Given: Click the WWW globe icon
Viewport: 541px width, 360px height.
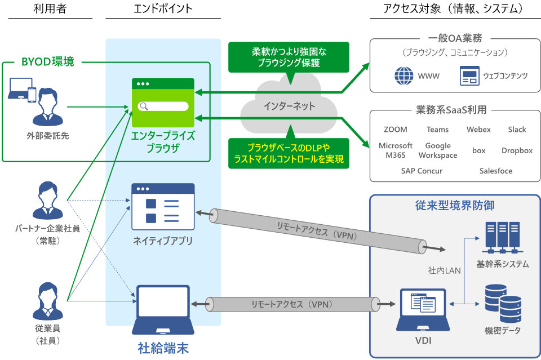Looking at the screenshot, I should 404,75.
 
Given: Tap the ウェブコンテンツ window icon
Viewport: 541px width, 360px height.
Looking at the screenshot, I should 469,75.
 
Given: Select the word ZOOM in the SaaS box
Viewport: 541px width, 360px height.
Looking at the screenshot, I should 395,130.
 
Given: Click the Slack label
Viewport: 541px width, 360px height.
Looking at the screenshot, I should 517,130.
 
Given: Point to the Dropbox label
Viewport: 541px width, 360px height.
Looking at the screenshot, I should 517,150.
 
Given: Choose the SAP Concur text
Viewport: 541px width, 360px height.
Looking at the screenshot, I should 422,171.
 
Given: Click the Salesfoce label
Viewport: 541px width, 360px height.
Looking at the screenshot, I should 496,171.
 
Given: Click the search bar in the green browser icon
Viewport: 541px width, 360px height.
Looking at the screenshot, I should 163,106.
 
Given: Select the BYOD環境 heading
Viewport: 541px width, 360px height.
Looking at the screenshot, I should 47,61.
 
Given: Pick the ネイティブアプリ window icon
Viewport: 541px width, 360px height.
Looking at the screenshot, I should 163,206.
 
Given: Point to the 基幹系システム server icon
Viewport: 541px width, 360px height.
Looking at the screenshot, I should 502,237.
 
